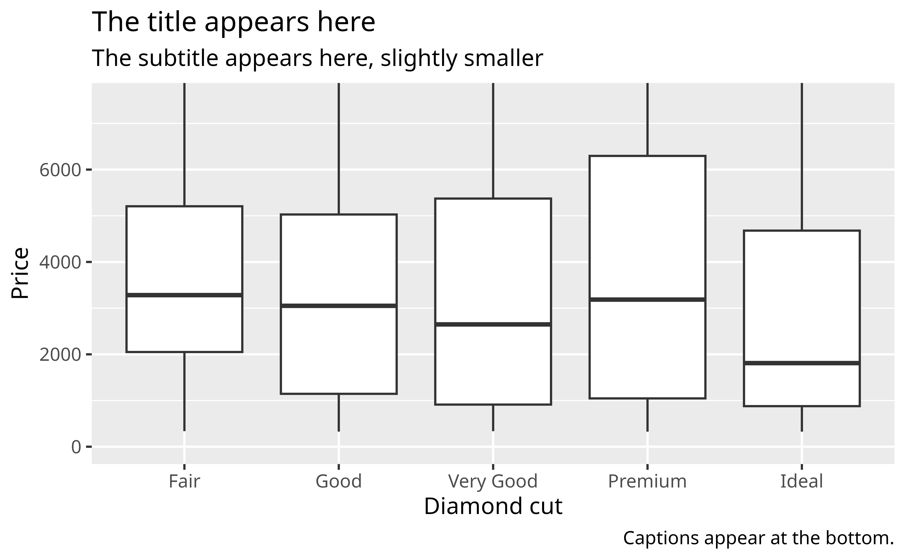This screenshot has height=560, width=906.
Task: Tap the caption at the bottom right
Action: point(758,538)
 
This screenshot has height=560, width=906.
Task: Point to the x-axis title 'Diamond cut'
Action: point(493,506)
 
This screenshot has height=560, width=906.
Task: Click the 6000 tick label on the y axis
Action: point(60,170)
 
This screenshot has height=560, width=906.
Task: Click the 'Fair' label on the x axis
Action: point(184,481)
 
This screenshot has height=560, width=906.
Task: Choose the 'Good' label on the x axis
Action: point(338,481)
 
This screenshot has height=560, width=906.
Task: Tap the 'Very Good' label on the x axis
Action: point(493,481)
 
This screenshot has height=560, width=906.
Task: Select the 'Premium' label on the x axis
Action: point(647,481)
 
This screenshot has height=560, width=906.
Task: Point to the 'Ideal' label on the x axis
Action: point(802,481)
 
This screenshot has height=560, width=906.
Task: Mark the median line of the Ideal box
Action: point(802,363)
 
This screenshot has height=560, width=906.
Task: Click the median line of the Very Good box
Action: point(493,324)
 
